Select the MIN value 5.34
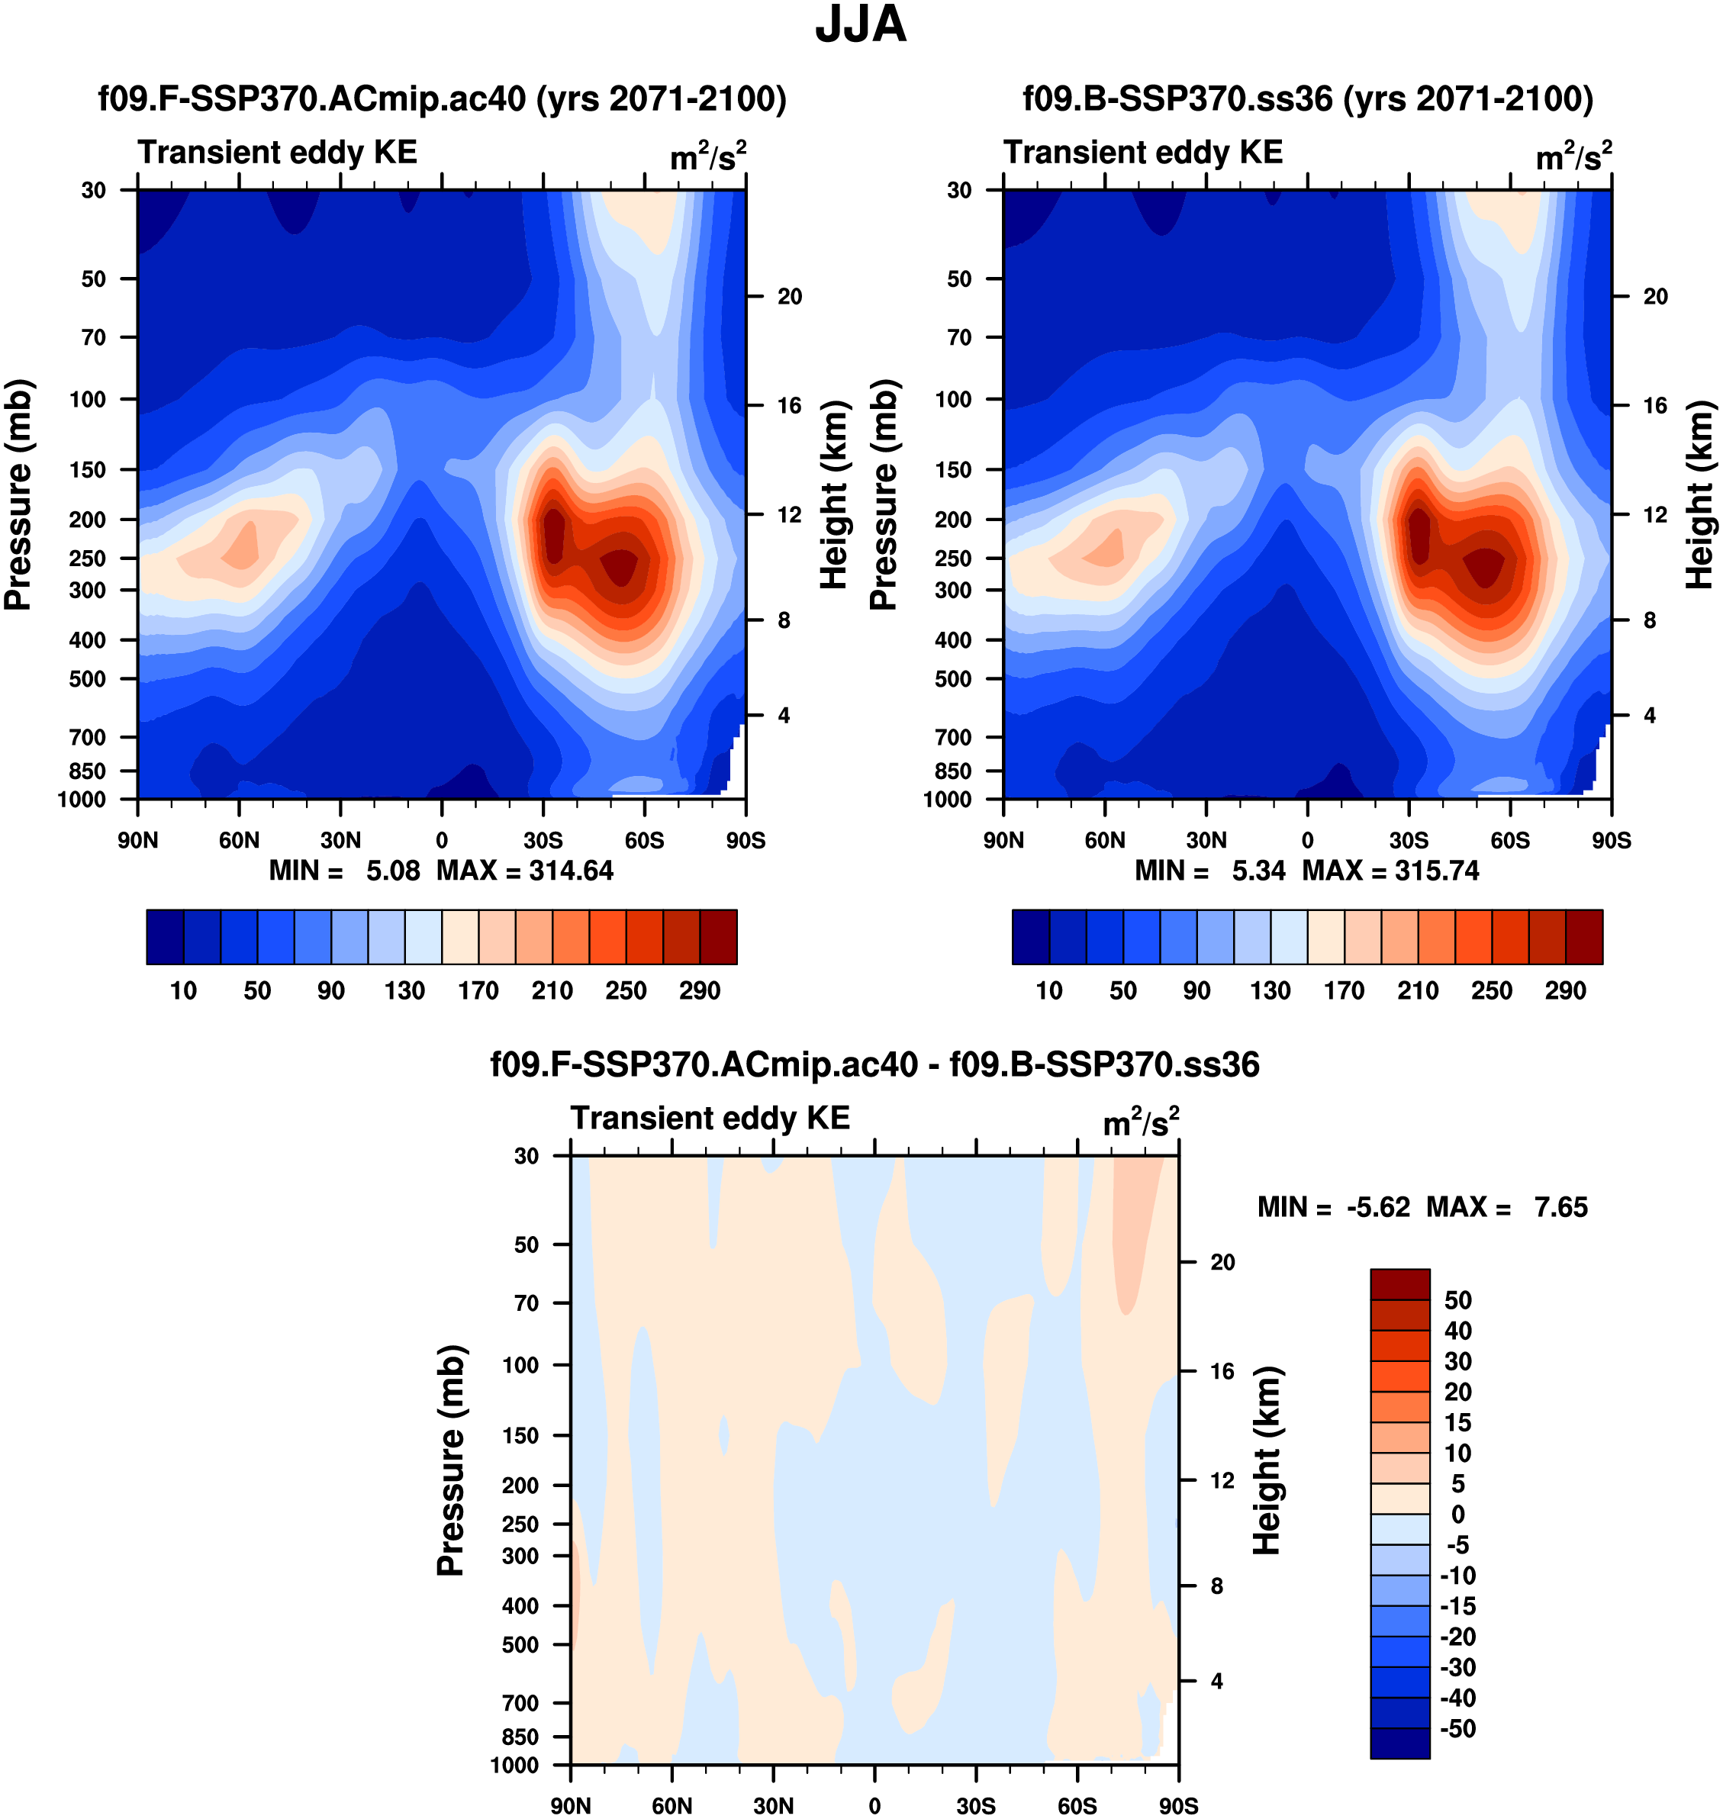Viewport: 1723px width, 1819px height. pos(1258,871)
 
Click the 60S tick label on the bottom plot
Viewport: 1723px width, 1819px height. pos(1077,1805)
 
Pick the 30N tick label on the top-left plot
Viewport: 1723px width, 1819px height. pos(341,840)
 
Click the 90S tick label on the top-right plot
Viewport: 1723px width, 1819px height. pos(1612,840)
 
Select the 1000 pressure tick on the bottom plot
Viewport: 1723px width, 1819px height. pos(514,1765)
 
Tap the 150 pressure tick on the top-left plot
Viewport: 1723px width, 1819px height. pos(89,469)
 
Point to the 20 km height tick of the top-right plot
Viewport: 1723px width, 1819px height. pos(1655,297)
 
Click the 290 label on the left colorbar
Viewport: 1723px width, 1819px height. pos(700,991)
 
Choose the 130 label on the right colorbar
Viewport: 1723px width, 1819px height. pos(1271,991)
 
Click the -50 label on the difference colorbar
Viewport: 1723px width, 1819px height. pos(1457,1729)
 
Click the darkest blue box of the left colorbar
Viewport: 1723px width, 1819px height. pos(166,937)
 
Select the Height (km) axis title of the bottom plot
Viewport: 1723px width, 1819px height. pos(1267,1460)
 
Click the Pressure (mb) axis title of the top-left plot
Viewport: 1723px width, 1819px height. pos(18,495)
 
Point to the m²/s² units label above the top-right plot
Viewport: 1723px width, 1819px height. pos(1574,157)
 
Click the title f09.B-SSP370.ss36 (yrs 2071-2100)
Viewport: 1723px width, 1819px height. pos(1308,99)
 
